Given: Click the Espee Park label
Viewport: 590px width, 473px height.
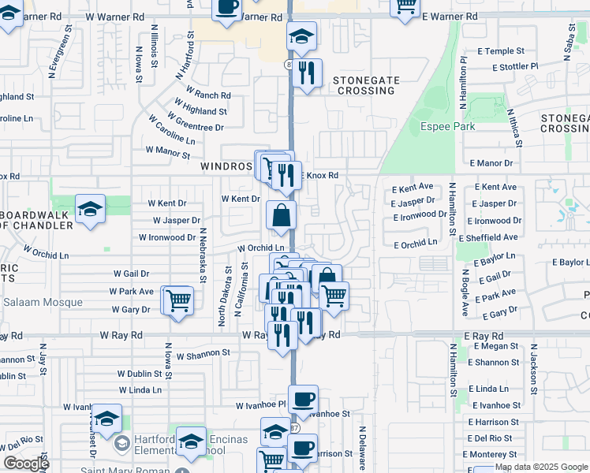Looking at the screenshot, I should [447, 126].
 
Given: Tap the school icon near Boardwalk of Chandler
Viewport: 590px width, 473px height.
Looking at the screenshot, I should [90, 210].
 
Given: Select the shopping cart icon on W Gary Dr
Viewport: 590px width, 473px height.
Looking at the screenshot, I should [178, 300].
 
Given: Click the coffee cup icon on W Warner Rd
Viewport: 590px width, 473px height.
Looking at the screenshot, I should [227, 6].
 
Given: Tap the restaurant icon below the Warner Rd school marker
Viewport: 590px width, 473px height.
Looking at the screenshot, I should [307, 73].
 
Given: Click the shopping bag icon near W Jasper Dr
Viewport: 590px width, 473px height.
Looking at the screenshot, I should [282, 215].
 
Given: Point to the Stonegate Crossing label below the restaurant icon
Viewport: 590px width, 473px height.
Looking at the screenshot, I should [364, 85].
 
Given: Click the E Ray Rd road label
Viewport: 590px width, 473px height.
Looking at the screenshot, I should [484, 336].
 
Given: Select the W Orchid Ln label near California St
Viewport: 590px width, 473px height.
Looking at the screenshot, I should [261, 248].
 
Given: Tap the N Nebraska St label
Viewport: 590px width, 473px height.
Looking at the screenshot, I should [203, 255].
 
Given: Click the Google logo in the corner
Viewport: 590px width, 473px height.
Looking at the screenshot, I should [26, 464].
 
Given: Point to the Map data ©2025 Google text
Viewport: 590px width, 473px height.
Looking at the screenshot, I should [541, 467].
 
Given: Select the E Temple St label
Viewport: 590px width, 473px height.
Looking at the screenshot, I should [494, 51].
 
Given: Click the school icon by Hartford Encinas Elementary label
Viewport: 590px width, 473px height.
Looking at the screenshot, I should [191, 442].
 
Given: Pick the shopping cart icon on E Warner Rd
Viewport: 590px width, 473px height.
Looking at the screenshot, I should [405, 6].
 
